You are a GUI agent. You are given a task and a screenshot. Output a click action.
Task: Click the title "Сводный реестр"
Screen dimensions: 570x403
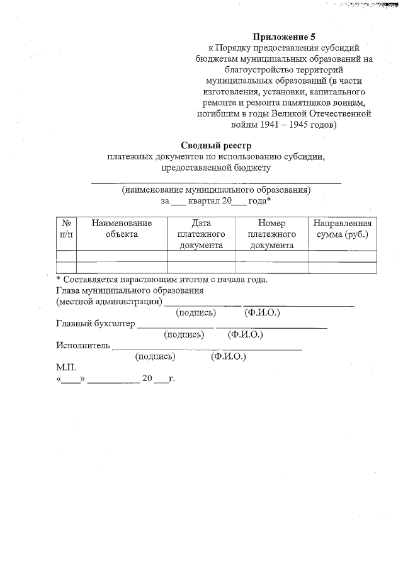pos(216,145)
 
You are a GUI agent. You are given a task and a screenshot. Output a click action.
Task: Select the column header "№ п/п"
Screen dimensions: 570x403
pos(65,229)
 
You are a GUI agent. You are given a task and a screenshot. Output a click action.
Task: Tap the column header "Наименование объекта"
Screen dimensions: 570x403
pos(122,229)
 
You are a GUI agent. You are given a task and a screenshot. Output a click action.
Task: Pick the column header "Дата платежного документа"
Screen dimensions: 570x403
pos(201,234)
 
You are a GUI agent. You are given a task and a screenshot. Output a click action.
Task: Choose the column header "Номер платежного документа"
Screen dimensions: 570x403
pos(271,234)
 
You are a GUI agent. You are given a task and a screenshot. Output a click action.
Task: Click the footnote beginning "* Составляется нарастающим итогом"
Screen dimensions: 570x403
pos(161,279)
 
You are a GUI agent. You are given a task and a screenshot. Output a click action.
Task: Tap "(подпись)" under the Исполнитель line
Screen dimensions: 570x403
pos(155,356)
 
